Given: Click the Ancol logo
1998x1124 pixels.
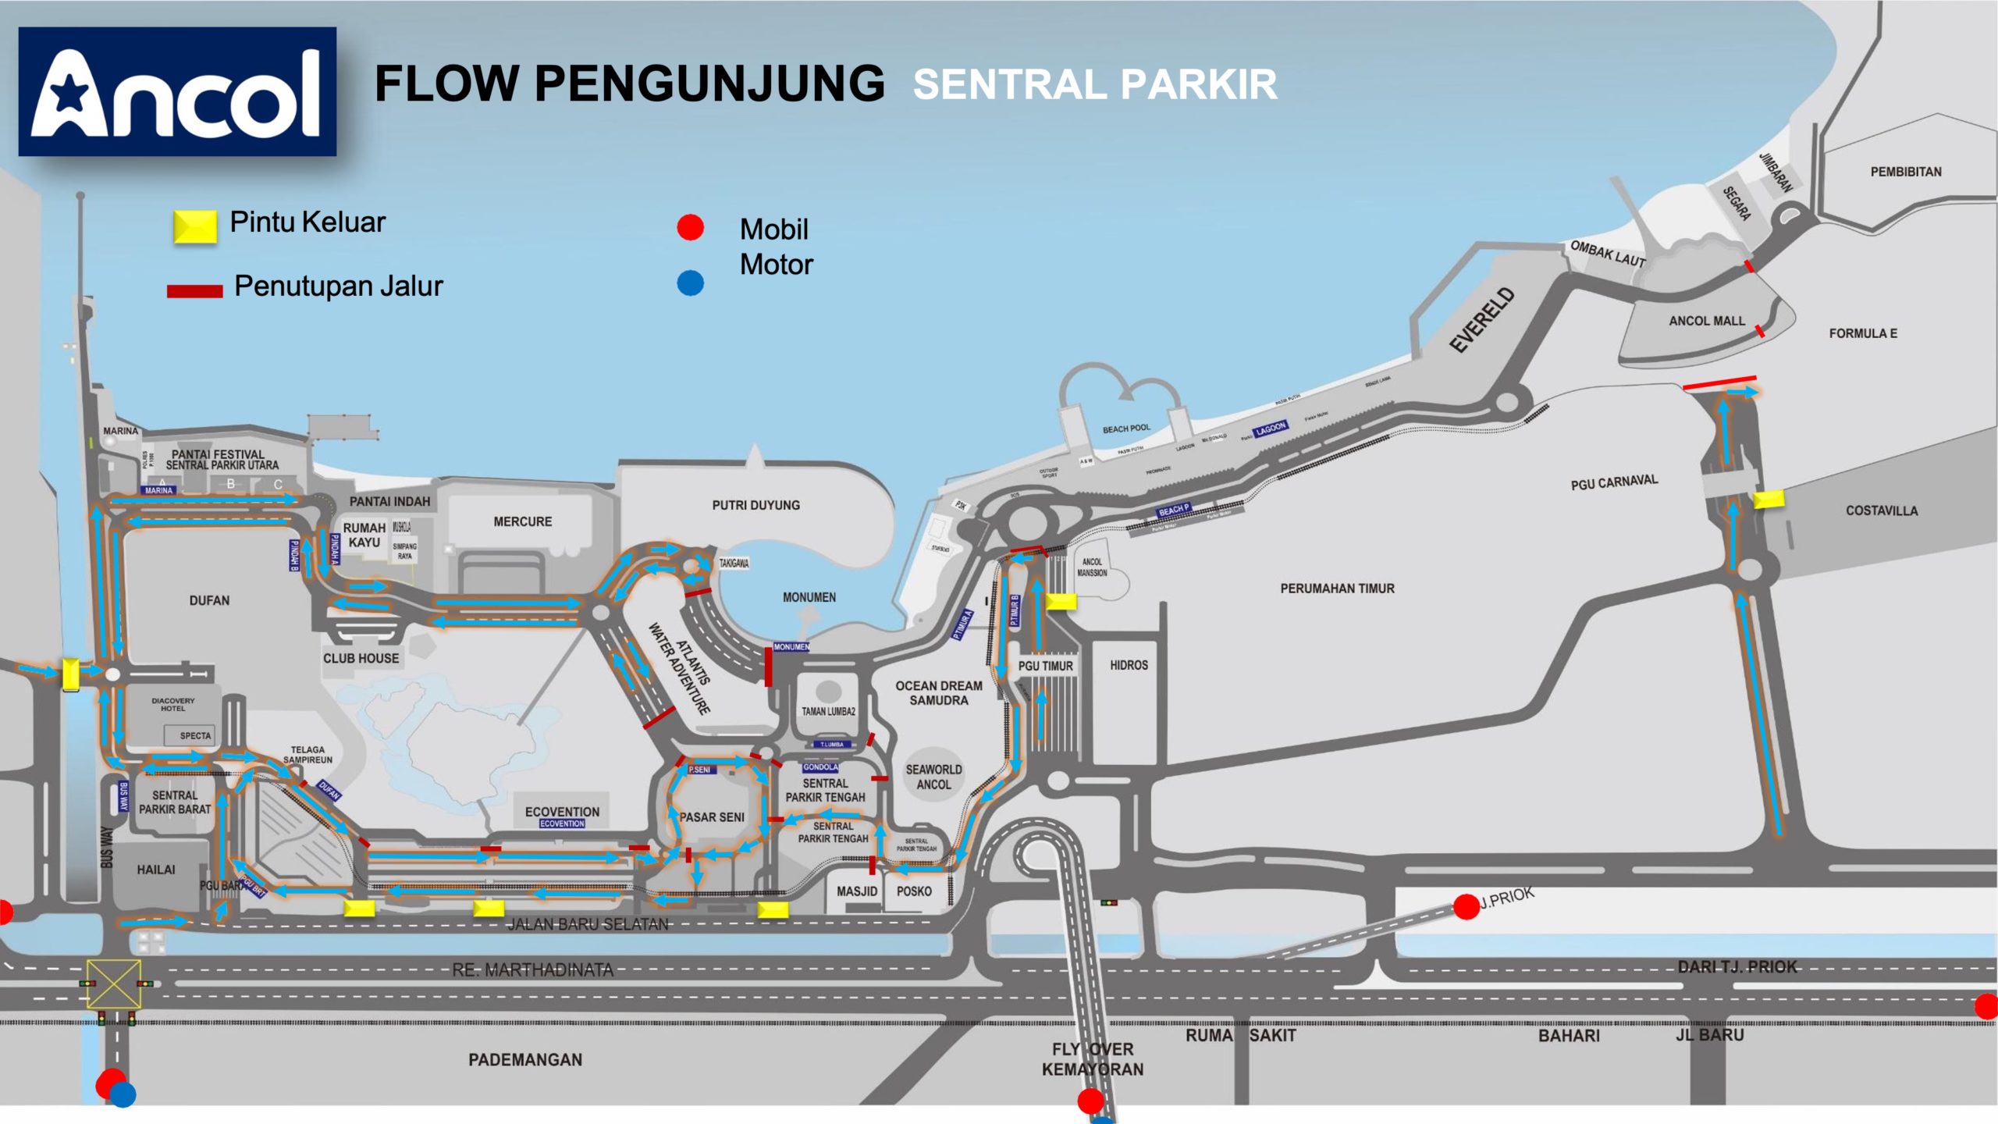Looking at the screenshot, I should [x=177, y=92].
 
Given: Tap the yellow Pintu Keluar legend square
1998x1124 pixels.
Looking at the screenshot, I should [x=194, y=226].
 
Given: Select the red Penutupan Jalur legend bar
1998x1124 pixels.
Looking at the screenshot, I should [x=194, y=291].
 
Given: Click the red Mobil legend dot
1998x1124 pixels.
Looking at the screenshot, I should [x=690, y=227].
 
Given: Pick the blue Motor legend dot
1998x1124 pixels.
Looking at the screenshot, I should [x=690, y=283].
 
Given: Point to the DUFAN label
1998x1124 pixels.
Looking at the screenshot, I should [x=209, y=600].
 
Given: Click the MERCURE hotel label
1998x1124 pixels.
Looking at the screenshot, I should [x=522, y=521].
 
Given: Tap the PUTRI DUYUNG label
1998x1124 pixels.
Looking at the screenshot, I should [x=755, y=505].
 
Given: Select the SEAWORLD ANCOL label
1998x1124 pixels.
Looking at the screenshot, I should [x=933, y=777].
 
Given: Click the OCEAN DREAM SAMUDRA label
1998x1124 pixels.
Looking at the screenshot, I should [x=939, y=693].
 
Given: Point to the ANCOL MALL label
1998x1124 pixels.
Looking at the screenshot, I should [x=1707, y=321].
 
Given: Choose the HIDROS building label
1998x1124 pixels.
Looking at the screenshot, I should [x=1129, y=665].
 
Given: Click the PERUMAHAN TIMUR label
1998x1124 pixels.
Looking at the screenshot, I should [x=1337, y=589].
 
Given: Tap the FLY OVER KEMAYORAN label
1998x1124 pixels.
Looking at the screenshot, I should [x=1093, y=1059].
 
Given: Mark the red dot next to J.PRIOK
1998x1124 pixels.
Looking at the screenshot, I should [x=1466, y=907].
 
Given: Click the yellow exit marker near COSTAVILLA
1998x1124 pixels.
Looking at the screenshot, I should [x=1769, y=500].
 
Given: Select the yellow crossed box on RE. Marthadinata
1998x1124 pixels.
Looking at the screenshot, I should [x=114, y=983].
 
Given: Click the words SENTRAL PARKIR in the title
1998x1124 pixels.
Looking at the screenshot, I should [x=1095, y=84].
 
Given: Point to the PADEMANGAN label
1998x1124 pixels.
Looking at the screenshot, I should [x=525, y=1060].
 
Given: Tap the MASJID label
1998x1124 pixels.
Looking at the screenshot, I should [x=857, y=891].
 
